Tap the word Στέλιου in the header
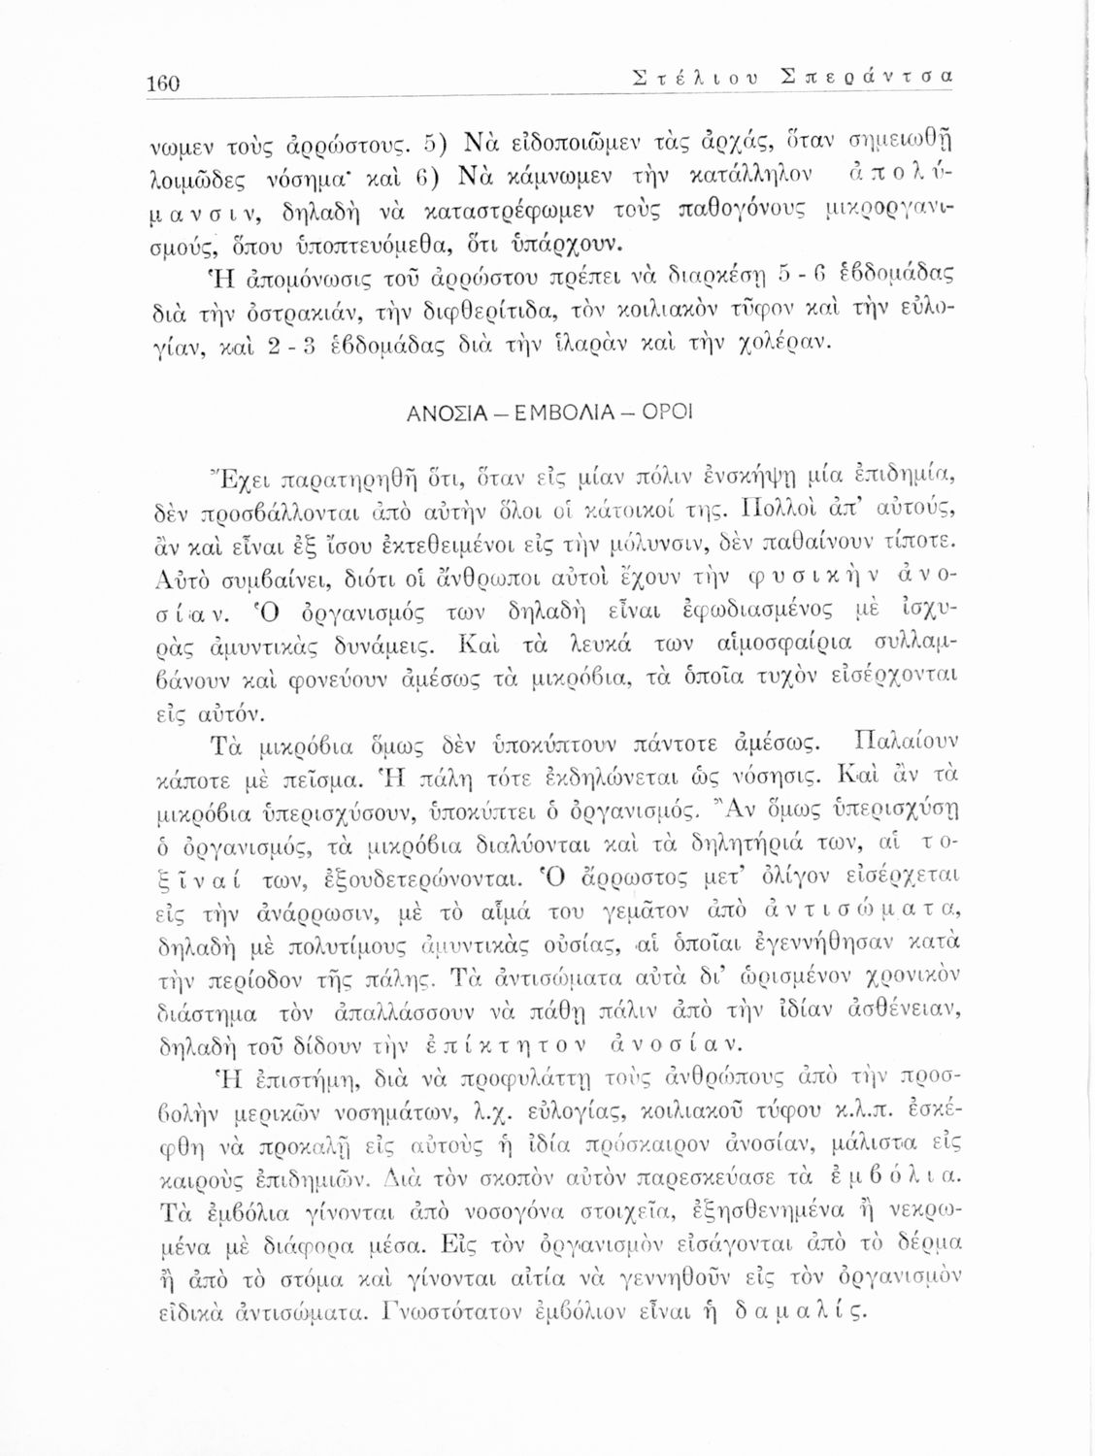(691, 76)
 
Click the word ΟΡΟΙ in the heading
(667, 413)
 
